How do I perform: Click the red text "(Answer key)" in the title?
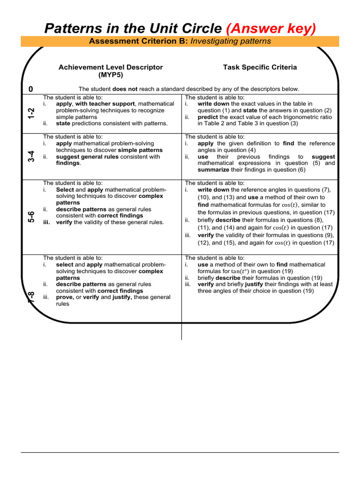tap(271, 29)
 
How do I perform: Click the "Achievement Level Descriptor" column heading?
tap(111, 67)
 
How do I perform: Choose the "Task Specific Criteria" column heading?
tap(260, 67)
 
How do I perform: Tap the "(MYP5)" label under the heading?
tap(111, 74)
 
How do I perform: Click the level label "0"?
tap(31, 89)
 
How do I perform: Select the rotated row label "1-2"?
tap(31, 113)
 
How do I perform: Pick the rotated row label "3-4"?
tap(31, 156)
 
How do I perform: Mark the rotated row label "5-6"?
tap(31, 217)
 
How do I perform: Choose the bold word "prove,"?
tap(65, 297)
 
